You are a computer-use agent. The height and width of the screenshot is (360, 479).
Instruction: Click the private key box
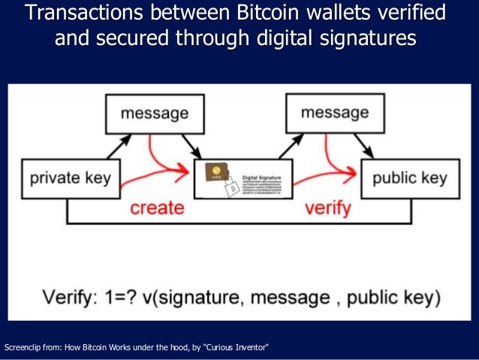click(70, 179)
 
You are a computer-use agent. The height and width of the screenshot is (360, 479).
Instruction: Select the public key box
click(408, 179)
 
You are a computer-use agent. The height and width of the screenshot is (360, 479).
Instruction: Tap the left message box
click(154, 114)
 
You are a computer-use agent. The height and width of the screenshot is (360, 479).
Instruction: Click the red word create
click(157, 208)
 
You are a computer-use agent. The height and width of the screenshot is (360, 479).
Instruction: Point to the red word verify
click(328, 208)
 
